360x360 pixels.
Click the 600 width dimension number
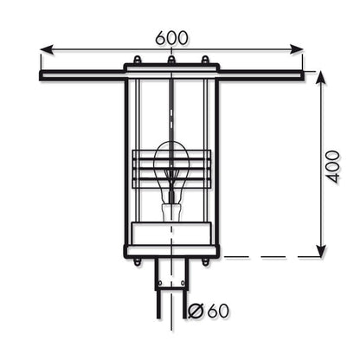pos(173,39)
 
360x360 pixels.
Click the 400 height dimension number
pos(333,164)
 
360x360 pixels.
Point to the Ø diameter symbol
pos(195,311)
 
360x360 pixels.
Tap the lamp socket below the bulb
pos(171,210)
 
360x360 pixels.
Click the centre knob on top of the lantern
pos(171,61)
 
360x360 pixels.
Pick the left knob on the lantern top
pos(137,61)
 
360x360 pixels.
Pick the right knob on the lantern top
pos(205,61)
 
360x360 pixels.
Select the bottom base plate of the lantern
pos(171,252)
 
